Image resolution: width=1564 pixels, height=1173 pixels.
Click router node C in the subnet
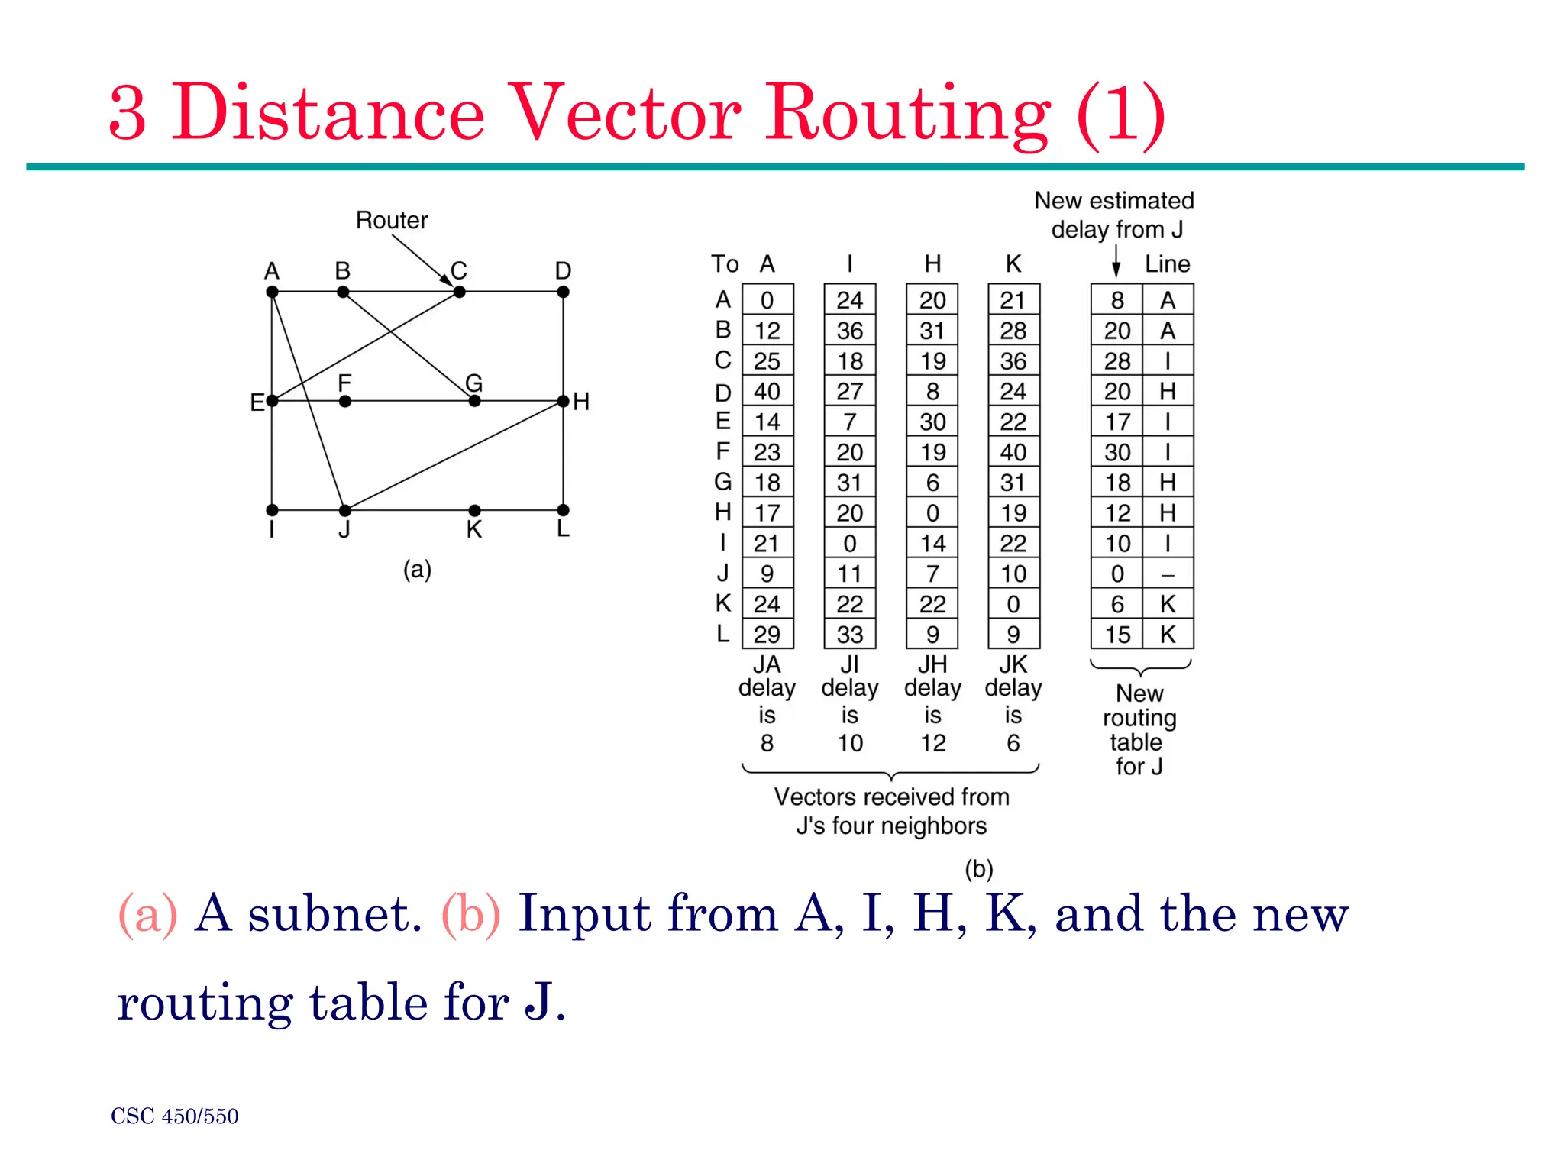pos(459,292)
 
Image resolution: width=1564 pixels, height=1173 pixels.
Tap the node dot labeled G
pos(474,401)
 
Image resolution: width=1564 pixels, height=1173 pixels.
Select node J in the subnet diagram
pos(345,510)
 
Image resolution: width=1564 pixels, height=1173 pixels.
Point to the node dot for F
pos(345,401)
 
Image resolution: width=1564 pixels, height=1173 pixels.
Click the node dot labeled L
pos(563,510)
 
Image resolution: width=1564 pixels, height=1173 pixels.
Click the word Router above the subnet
pos(392,221)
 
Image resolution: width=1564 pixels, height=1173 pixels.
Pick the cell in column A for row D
pos(767,392)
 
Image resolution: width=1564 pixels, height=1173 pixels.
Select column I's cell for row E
pos(849,422)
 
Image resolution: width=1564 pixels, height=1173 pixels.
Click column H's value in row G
pos(932,483)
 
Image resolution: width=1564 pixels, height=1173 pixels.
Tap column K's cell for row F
pos(1013,452)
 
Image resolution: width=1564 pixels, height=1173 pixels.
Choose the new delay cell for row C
pos(1117,361)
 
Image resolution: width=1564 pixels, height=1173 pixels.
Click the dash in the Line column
pos(1168,574)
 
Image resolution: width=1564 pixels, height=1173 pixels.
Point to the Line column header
pos(1167,264)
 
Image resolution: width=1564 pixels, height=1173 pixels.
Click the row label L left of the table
pos(722,634)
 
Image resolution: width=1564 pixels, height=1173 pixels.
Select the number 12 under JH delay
pos(932,743)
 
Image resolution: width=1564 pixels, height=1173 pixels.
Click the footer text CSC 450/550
pos(175,1116)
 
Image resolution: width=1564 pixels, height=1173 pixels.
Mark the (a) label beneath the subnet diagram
pos(417,570)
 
